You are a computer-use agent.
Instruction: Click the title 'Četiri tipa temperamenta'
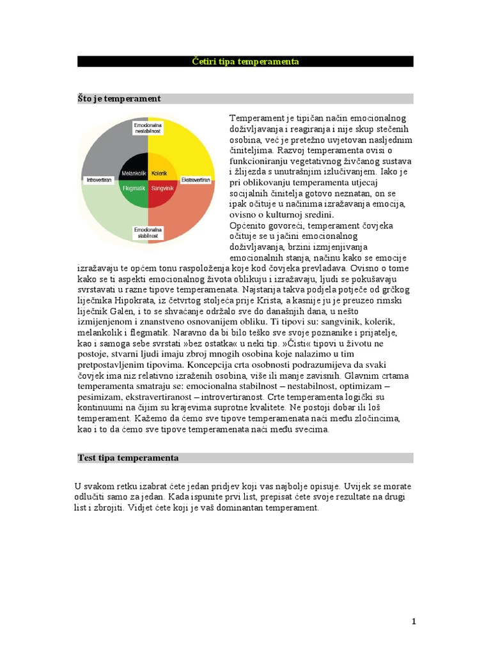pos(245,62)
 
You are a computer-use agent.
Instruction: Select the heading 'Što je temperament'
pos(119,98)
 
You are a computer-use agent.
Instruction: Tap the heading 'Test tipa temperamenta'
pos(128,458)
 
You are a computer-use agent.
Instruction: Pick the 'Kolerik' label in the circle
pos(160,173)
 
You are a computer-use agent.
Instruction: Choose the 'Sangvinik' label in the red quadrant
pos(162,188)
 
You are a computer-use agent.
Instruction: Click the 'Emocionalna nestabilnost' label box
pos(148,127)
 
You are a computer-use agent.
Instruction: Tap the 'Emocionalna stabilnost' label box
pos(148,232)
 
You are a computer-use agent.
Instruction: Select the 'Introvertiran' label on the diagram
pos(99,180)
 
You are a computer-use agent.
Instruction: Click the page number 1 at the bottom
pos(414,621)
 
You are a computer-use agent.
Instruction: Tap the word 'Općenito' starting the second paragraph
pos(249,226)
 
